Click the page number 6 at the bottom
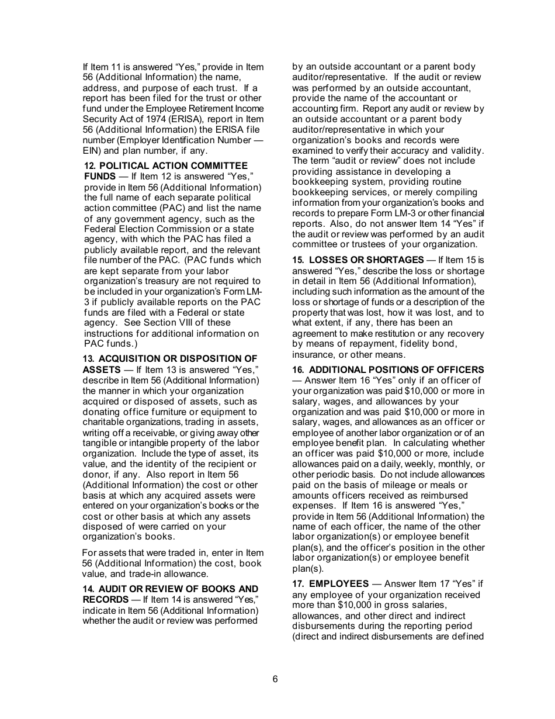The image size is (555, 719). tap(275, 679)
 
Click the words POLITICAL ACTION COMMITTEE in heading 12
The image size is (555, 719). tap(174, 166)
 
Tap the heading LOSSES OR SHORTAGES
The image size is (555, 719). tap(366, 260)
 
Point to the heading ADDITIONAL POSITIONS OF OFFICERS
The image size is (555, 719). tap(396, 370)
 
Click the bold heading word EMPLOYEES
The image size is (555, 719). tap(339, 584)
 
